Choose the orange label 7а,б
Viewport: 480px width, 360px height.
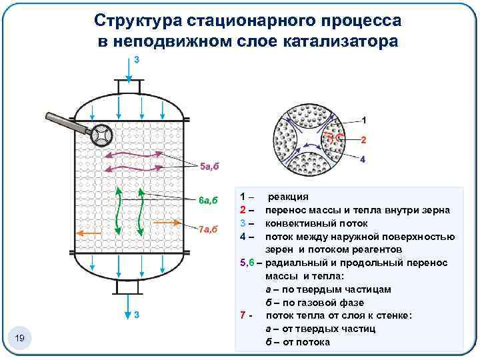[209, 229]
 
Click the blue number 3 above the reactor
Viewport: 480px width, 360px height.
[137, 59]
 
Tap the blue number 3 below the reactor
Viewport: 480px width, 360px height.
[137, 314]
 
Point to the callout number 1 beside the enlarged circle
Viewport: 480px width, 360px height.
[363, 121]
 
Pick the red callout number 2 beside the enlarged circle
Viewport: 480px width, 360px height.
[363, 141]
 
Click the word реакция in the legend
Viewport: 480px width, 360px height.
[287, 197]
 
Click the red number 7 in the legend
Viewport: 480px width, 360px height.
[243, 315]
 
